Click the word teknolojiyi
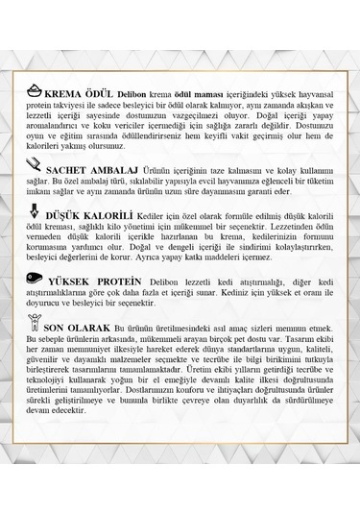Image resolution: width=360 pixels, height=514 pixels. pos(48,414)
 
